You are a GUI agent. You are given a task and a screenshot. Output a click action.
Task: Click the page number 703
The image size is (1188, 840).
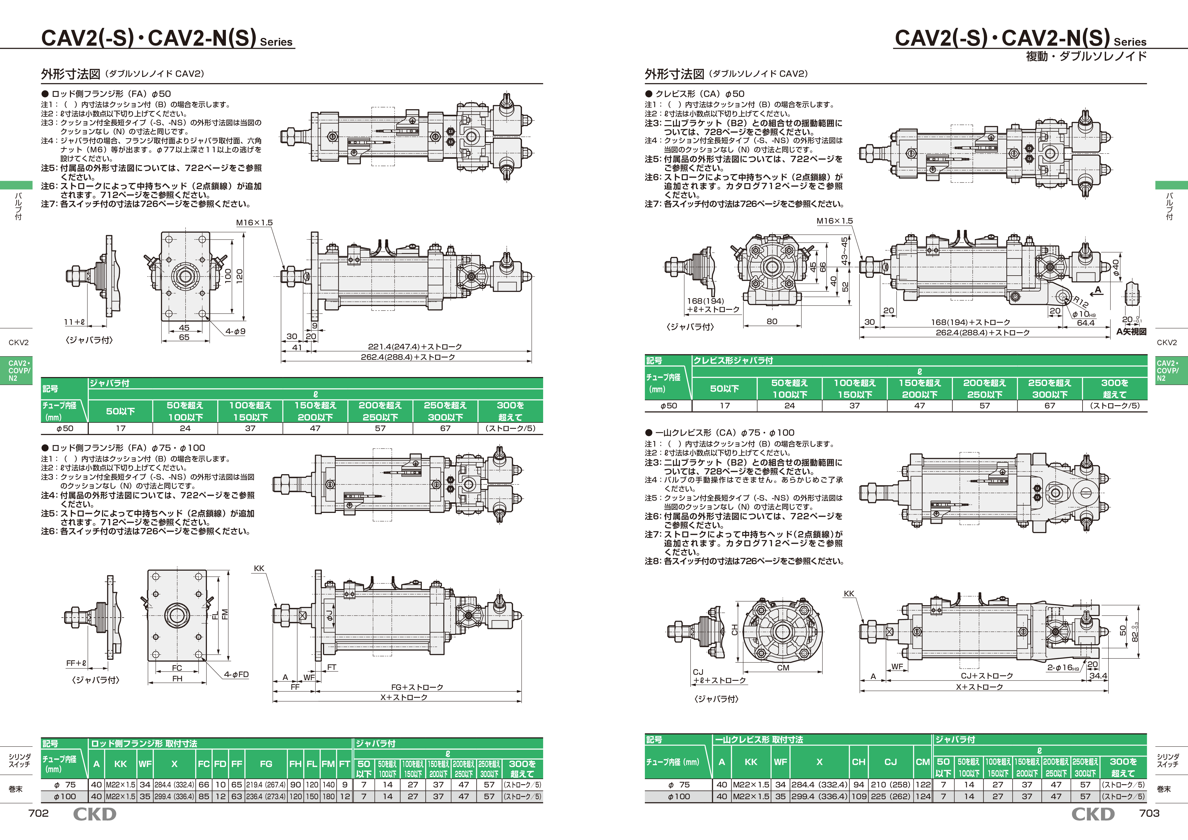pyautogui.click(x=1149, y=813)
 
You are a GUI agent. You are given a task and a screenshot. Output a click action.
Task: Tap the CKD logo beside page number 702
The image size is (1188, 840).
pyautogui.click(x=95, y=814)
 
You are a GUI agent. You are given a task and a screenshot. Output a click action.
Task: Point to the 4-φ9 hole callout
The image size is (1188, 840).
pyautogui.click(x=235, y=331)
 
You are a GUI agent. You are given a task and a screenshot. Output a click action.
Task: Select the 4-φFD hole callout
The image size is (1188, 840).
pyautogui.click(x=237, y=674)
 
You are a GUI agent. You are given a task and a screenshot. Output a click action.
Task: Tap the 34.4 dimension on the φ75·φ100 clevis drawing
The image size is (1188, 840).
pyautogui.click(x=1098, y=676)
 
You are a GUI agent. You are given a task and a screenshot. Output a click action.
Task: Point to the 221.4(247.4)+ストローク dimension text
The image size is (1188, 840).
pyautogui.click(x=415, y=347)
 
